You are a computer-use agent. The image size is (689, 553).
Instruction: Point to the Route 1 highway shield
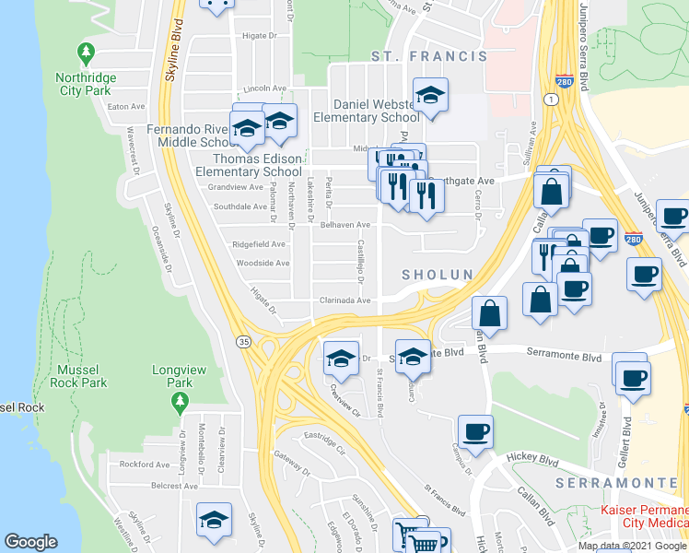click(551, 99)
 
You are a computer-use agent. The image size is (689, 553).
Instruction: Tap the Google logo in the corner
click(30, 542)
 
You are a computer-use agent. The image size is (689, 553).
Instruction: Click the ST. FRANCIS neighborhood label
click(428, 56)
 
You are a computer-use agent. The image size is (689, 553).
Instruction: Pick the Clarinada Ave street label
click(345, 300)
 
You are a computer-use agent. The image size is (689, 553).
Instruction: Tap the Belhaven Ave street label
click(345, 225)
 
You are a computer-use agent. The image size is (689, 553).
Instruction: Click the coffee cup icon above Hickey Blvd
click(475, 432)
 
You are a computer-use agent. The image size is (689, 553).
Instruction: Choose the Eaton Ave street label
click(121, 107)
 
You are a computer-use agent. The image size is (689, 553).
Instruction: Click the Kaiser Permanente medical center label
click(643, 517)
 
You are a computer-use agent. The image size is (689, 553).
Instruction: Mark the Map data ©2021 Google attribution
click(631, 546)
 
